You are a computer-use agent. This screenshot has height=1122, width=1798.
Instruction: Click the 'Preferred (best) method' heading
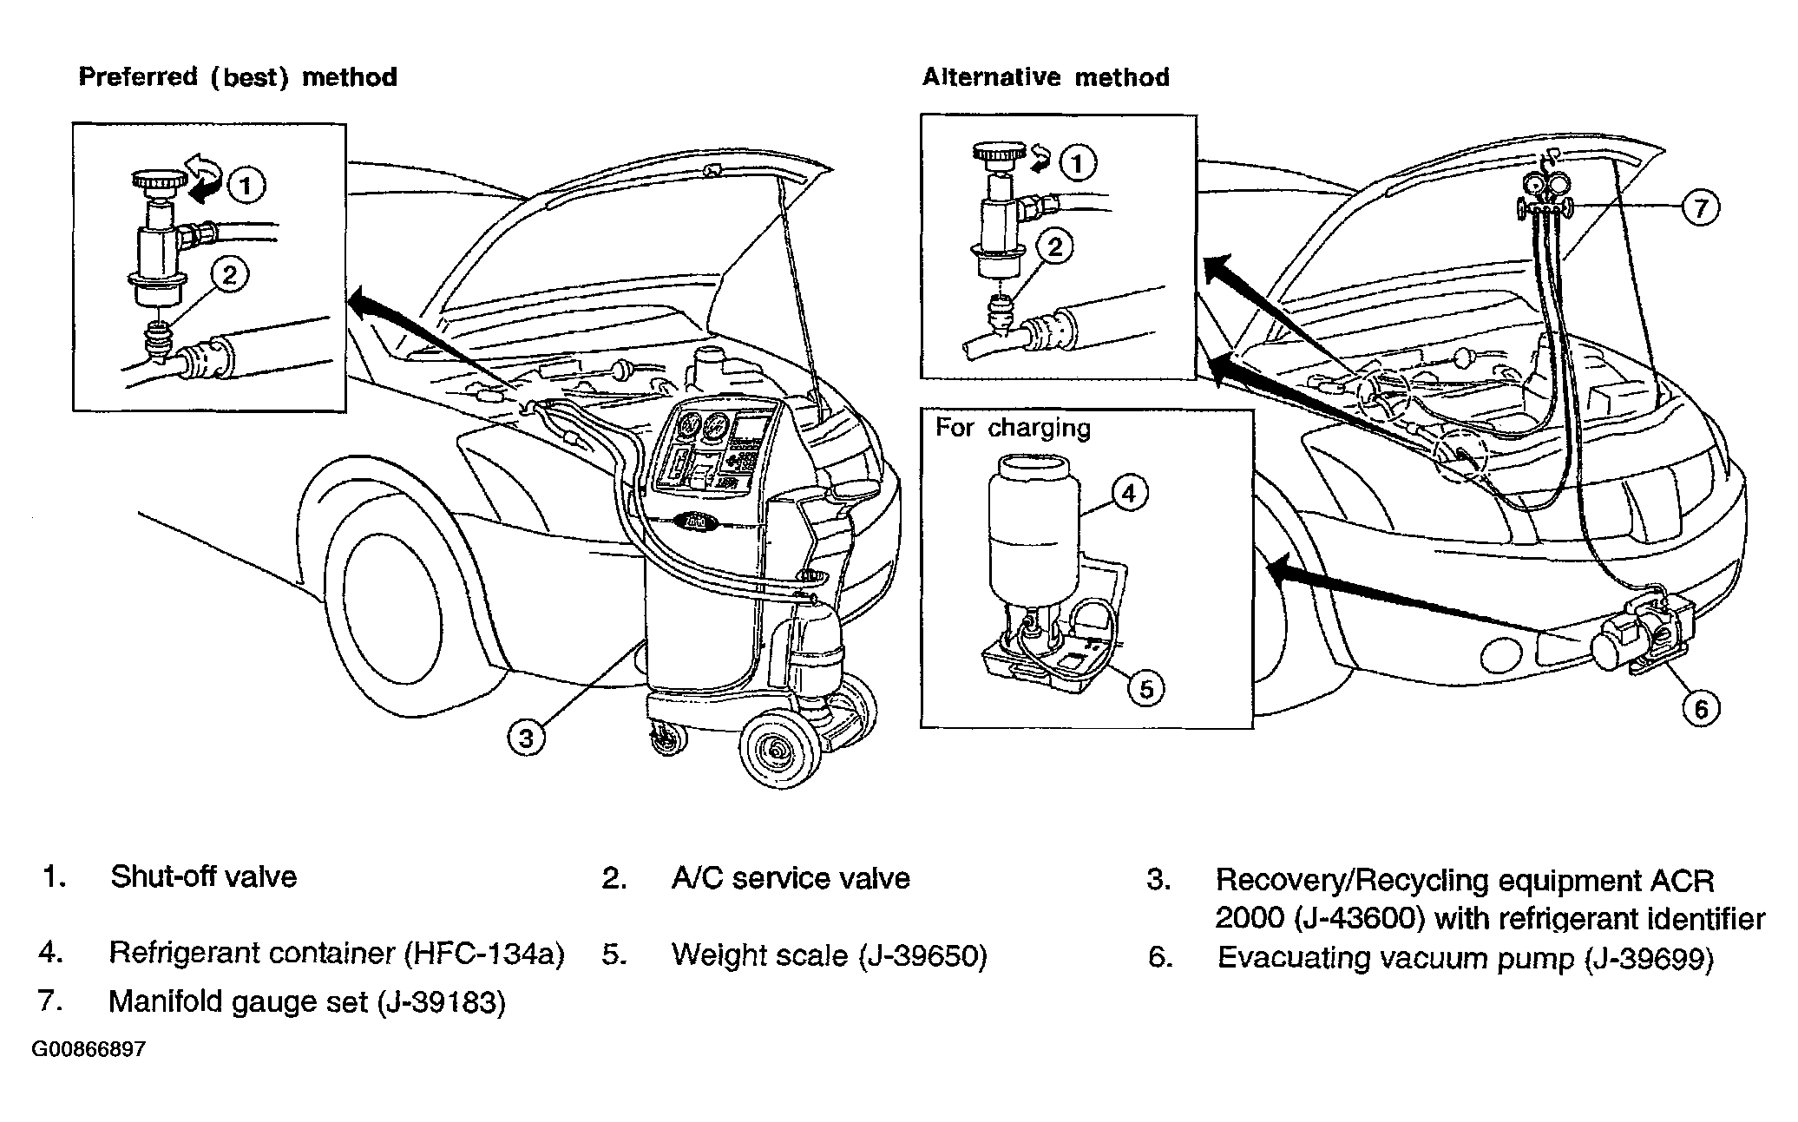238,77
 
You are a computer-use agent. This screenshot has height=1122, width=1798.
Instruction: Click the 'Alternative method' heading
1046,77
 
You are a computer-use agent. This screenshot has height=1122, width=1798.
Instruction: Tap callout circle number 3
526,738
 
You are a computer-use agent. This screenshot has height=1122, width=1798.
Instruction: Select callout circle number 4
1128,493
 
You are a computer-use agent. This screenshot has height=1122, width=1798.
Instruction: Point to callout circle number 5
1146,689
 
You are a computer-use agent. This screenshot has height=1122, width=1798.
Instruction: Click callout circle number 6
1701,709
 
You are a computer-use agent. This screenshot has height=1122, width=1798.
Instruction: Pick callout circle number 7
1700,208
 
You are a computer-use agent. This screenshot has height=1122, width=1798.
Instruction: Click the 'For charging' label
1013,428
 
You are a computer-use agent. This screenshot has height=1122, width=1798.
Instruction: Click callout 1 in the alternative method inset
1078,163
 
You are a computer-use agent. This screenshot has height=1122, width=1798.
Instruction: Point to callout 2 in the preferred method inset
229,274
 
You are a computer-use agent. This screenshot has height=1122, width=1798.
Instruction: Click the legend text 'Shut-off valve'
203,877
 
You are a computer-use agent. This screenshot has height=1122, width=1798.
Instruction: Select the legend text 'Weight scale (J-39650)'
829,955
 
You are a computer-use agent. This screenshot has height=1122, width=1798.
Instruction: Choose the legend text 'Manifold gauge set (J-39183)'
306,1002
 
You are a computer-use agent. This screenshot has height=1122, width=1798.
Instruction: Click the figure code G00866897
89,1050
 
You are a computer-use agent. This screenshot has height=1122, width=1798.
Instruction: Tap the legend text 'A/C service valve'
791,878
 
